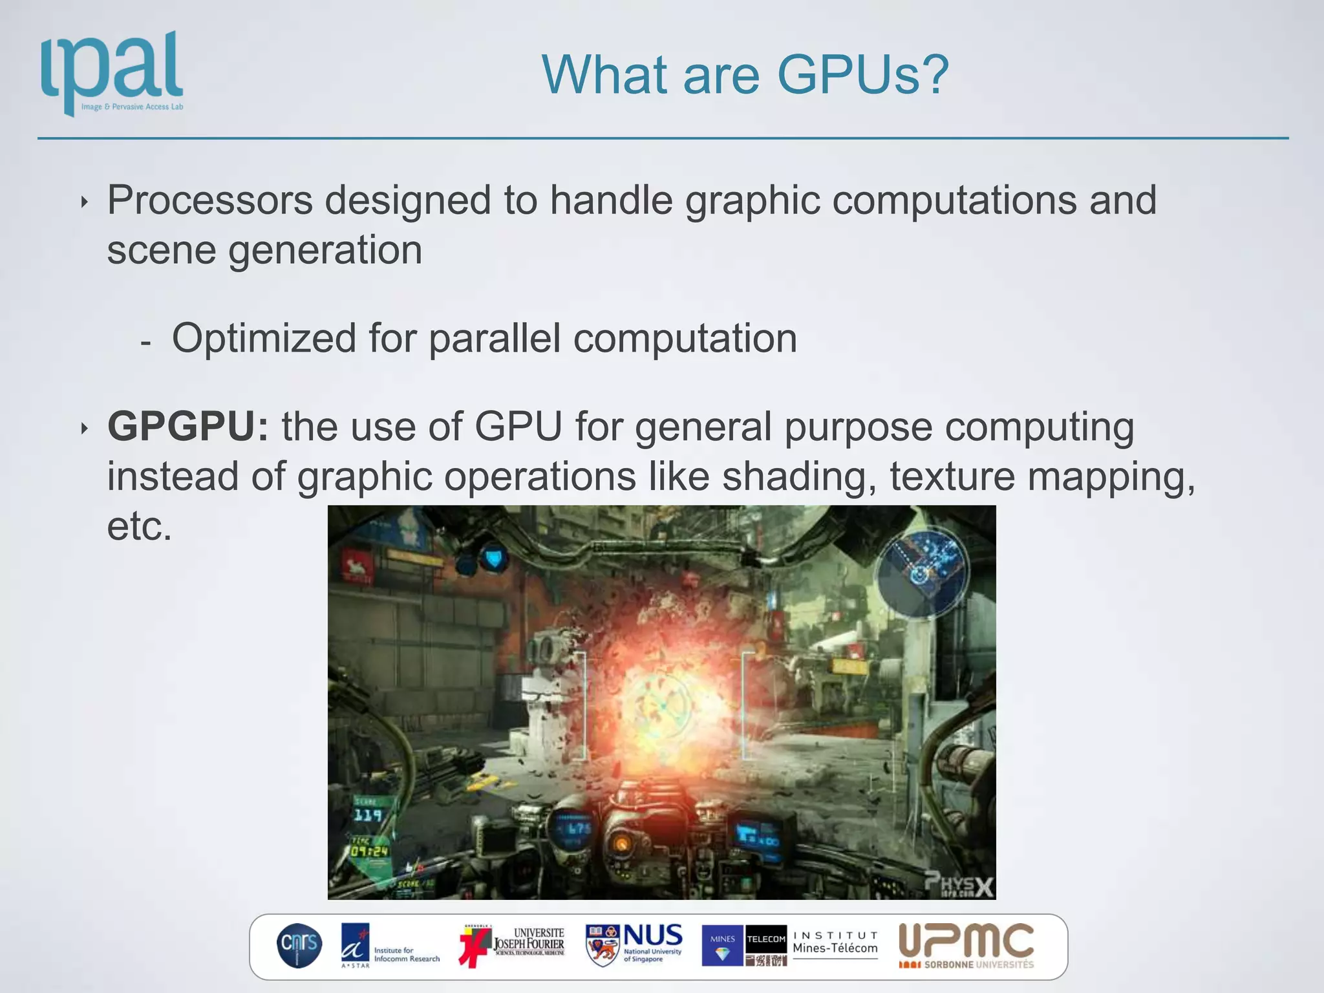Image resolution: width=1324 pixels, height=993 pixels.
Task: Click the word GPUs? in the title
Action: tap(862, 75)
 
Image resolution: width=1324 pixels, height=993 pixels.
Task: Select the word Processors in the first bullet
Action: tap(209, 200)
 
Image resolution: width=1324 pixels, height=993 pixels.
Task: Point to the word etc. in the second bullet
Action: tap(139, 526)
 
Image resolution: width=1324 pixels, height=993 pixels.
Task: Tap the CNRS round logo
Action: tap(299, 945)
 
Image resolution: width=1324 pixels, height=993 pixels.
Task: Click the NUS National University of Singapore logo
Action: tap(634, 945)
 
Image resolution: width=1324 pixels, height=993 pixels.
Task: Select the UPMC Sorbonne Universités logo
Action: tap(966, 945)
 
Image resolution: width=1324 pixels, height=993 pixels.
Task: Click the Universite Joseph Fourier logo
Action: tap(512, 945)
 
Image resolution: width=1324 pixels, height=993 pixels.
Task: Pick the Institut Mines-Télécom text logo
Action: tap(835, 944)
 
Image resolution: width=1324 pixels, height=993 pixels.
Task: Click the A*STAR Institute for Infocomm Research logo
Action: tap(390, 946)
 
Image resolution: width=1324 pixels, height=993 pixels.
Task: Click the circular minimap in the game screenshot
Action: tap(923, 571)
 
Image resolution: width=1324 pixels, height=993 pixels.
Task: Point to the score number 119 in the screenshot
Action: tap(367, 815)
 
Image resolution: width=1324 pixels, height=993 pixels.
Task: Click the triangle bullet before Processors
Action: tap(84, 202)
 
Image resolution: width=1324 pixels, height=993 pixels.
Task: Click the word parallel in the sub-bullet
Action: tap(495, 338)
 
